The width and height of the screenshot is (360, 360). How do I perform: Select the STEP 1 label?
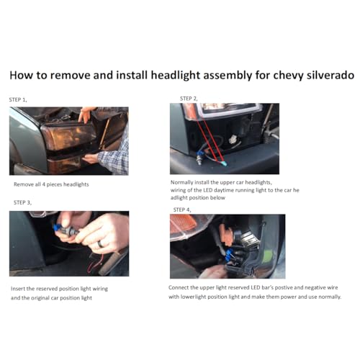18,99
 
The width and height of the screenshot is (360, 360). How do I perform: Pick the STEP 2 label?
189,99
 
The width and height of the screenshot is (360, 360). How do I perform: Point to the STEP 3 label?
22,202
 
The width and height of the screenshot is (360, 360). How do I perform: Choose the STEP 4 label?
182,210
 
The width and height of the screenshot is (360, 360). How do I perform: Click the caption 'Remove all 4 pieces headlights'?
51,184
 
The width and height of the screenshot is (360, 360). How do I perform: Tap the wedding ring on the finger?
101,244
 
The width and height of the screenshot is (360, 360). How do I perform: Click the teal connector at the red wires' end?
224,163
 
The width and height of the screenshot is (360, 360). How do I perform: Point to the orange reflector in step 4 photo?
183,224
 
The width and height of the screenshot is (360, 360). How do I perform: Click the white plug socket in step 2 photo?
233,140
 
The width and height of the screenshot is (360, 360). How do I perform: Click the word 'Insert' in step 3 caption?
18,289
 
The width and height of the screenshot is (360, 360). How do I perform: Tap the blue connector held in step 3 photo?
58,227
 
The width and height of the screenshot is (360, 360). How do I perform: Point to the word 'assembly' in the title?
228,76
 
